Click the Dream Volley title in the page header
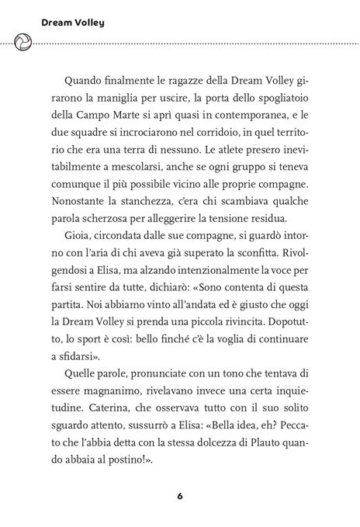[x=63, y=23]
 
